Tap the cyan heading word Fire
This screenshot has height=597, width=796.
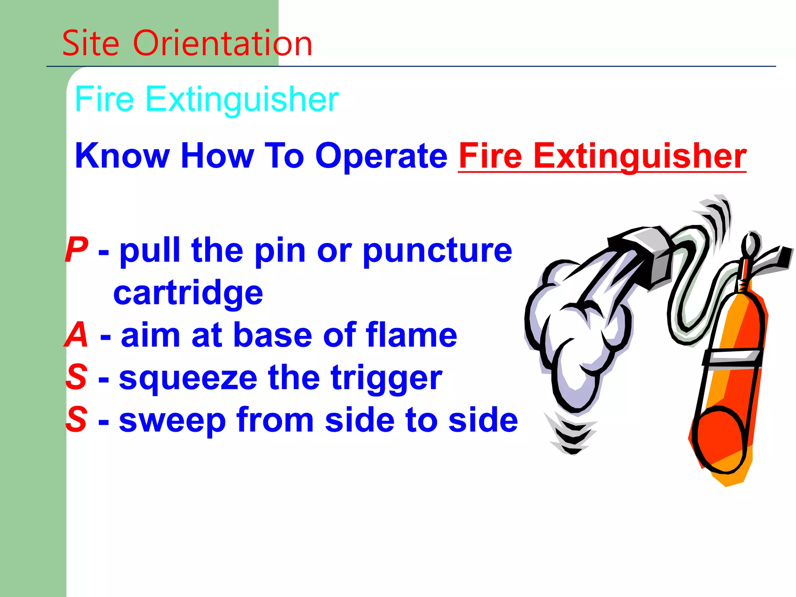pos(104,99)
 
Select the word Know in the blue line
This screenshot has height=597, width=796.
pos(122,156)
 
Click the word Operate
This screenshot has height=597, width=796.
pos(381,156)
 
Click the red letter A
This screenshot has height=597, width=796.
pos(77,335)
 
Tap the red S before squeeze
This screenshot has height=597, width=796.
pos(77,377)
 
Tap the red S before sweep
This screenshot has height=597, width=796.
pos(77,419)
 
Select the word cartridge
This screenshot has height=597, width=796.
pos(188,293)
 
